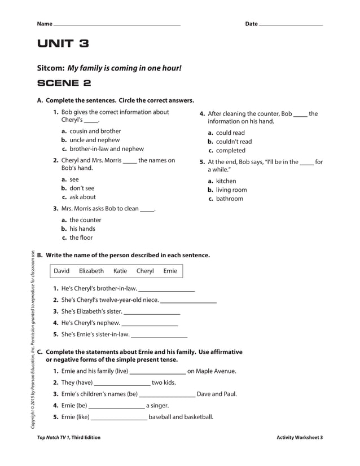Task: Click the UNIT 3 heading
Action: pos(63,44)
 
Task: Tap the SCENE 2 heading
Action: pos(64,83)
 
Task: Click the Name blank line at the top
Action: pos(117,25)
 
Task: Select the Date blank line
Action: pos(291,25)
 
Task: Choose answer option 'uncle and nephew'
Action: pos(94,140)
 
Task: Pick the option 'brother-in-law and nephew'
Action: pos(106,149)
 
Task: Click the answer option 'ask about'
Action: pos(82,197)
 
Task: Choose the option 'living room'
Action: pos(231,190)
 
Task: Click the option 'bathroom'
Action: pos(230,199)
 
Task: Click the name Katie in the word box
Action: pos(120,271)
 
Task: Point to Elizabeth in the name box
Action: pos(91,271)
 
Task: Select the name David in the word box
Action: pos(62,271)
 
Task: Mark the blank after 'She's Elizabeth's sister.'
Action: pos(152,312)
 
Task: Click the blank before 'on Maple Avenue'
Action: pos(157,372)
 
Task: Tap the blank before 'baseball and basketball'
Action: pos(119,418)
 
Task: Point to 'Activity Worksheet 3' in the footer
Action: pos(300,437)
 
